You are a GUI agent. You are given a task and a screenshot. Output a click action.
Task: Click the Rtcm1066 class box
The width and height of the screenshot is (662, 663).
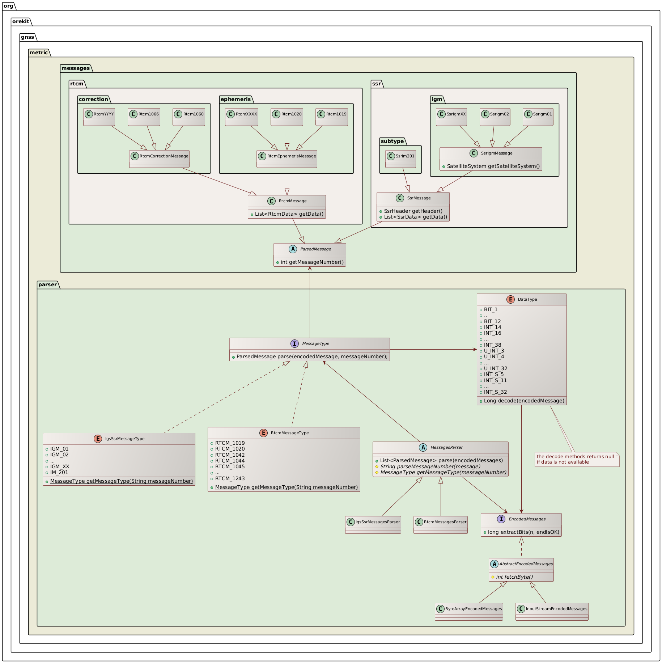(x=144, y=117)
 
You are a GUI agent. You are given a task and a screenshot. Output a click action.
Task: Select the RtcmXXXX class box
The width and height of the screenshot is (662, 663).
(x=242, y=117)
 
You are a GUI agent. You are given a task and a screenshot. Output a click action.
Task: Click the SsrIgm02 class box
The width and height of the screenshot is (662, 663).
(x=495, y=117)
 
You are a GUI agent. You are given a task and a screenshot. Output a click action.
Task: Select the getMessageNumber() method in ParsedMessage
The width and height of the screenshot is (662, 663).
(x=312, y=262)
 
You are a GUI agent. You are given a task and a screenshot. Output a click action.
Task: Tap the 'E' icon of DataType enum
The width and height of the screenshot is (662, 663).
(x=510, y=299)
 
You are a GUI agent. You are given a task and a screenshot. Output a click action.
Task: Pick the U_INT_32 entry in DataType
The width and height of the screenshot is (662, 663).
(x=496, y=368)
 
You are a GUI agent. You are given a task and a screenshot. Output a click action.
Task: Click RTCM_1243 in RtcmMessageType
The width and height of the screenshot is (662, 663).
(x=230, y=478)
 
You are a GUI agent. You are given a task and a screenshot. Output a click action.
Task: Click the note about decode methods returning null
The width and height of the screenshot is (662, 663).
(x=577, y=459)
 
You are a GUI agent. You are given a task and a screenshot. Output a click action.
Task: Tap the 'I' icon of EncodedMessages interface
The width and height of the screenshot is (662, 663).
(x=501, y=519)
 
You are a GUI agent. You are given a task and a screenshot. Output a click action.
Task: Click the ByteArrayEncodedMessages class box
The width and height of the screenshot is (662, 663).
(x=469, y=612)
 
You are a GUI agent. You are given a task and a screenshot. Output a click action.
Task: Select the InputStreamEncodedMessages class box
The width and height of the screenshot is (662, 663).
(x=552, y=612)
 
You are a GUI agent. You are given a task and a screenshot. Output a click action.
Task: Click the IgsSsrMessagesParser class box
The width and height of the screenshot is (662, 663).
(x=373, y=525)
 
